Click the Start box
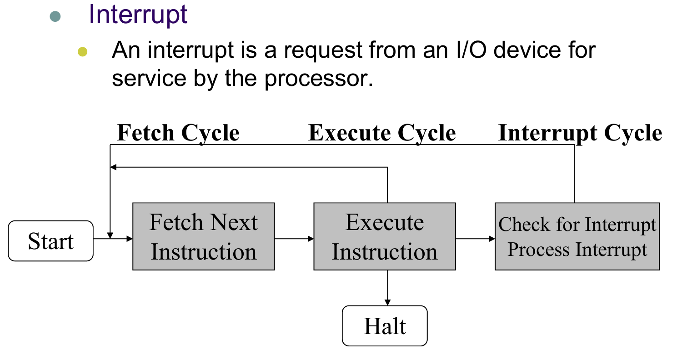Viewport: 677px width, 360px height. pos(51,241)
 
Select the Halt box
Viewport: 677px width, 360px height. pos(385,326)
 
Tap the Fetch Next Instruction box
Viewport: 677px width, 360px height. pos(204,236)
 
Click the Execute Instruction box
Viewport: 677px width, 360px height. pos(385,236)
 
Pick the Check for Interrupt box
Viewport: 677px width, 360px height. pos(577,236)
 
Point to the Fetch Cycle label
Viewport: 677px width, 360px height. pos(178,133)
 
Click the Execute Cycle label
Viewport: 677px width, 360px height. pos(382,133)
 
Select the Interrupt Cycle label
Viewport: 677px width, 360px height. pos(580,133)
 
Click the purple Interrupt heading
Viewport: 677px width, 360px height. pos(138,15)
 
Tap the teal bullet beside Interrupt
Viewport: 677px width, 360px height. pos(55,16)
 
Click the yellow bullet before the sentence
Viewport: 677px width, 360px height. pos(82,52)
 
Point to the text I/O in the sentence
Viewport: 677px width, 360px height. pos(471,50)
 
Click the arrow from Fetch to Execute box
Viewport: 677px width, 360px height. pos(294,239)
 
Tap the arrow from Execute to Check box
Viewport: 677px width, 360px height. pos(476,239)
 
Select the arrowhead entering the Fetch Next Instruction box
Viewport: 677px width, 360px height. pos(130,239)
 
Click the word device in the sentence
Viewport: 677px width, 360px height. pos(527,50)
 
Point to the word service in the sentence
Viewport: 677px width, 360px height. pos(149,79)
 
